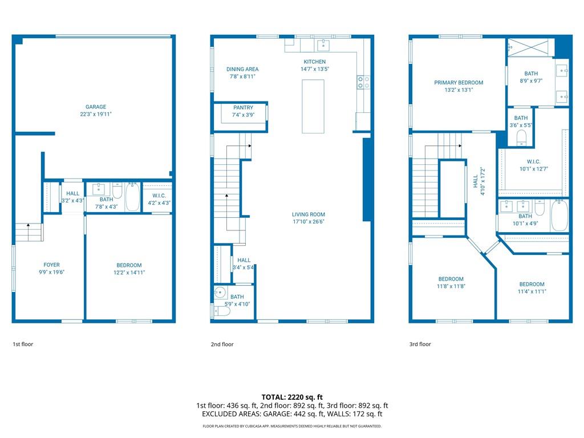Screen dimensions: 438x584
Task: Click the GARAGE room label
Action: [96, 107]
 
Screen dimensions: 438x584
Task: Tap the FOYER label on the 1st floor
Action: [51, 265]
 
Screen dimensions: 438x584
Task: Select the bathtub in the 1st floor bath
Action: [132, 197]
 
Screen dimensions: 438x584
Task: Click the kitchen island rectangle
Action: [313, 106]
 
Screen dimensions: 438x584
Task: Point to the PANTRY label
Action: [243, 107]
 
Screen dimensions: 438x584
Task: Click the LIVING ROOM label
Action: [309, 214]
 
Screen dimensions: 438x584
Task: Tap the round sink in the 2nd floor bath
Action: [220, 295]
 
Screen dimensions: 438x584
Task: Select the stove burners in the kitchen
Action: [363, 83]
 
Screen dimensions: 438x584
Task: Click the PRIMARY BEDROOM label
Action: [459, 83]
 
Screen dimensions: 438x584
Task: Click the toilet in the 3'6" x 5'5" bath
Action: [521, 137]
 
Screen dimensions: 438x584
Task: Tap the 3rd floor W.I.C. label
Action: [533, 161]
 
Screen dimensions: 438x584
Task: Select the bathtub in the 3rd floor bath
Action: [559, 216]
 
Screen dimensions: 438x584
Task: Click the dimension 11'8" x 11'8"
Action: [451, 286]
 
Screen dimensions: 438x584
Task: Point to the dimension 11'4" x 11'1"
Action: [532, 291]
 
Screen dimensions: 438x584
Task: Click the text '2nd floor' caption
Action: [222, 344]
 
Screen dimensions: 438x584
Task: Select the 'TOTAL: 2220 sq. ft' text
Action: [291, 397]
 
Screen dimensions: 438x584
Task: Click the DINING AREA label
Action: [242, 69]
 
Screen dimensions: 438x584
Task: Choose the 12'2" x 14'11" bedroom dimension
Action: [129, 273]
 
